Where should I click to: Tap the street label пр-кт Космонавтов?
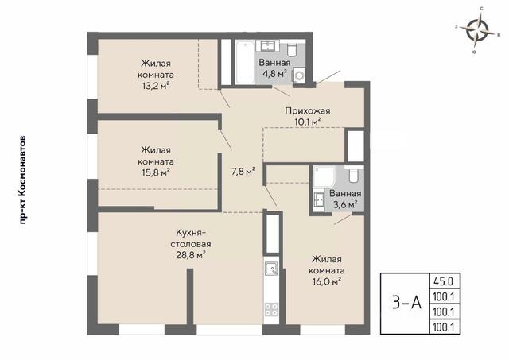click(22, 180)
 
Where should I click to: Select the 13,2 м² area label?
click(156, 86)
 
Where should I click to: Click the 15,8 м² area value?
click(156, 172)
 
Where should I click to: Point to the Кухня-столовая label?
click(191, 238)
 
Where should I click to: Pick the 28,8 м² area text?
click(191, 255)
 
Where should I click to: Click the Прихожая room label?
click(308, 111)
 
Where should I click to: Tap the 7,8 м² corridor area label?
click(243, 171)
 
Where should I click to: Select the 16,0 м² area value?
click(327, 281)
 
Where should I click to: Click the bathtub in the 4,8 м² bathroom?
click(244, 62)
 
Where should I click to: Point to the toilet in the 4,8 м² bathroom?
click(292, 49)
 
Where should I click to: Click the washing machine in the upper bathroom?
click(299, 75)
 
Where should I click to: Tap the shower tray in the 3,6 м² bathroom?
click(324, 176)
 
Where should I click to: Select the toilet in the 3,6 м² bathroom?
click(353, 175)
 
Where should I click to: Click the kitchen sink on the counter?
click(270, 268)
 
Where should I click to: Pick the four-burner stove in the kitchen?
click(271, 309)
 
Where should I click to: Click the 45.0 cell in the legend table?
click(445, 281)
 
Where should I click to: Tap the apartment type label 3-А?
click(406, 304)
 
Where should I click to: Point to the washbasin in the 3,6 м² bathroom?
click(319, 199)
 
